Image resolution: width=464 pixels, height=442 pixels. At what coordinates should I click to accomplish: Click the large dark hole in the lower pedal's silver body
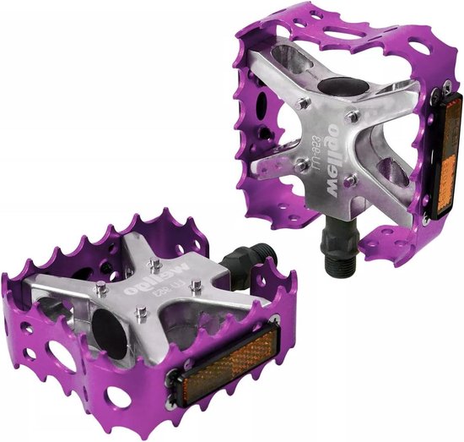coord(110,317)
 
